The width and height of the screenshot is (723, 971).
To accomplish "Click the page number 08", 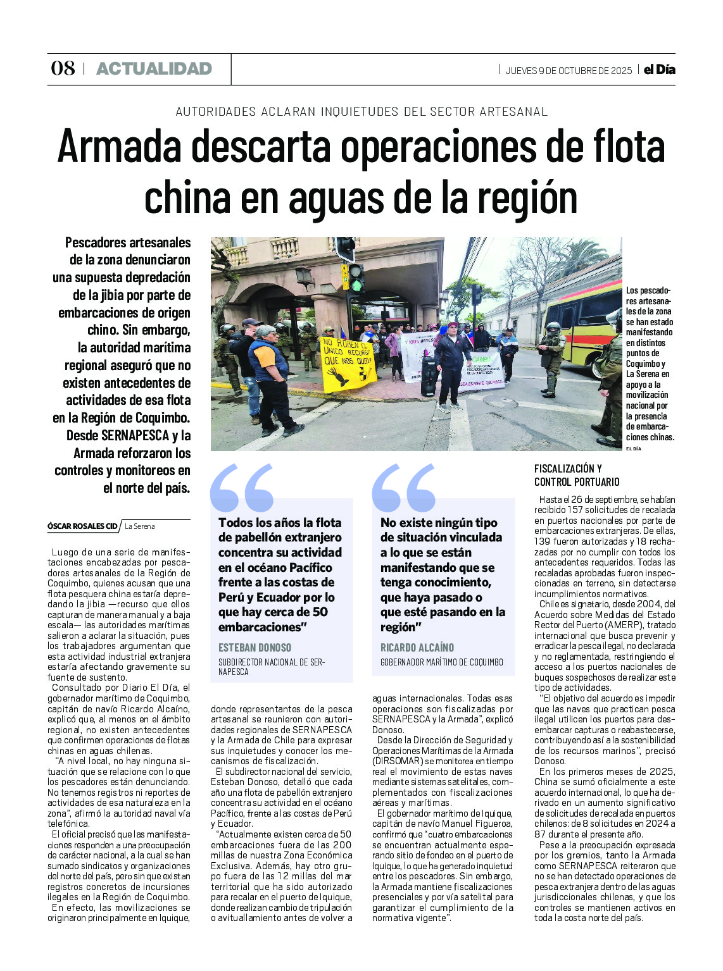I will pos(63,68).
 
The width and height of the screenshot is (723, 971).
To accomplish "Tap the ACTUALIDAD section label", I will pos(154,68).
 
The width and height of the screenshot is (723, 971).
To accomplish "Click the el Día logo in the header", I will pos(659,70).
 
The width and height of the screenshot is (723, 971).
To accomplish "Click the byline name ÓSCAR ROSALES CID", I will pos(82,526).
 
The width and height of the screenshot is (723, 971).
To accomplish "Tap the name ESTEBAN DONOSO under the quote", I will pos(255,648).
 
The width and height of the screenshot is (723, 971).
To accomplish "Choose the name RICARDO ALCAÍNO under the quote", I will pos(417,648).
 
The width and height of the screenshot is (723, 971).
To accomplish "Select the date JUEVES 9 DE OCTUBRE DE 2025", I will pos(568,70).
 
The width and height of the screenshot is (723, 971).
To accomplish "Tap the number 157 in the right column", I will pos(576,510).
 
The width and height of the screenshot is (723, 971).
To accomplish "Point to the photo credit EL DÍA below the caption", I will pos(633,448).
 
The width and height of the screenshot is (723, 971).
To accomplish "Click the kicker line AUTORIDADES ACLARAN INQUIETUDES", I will pos(361,112).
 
